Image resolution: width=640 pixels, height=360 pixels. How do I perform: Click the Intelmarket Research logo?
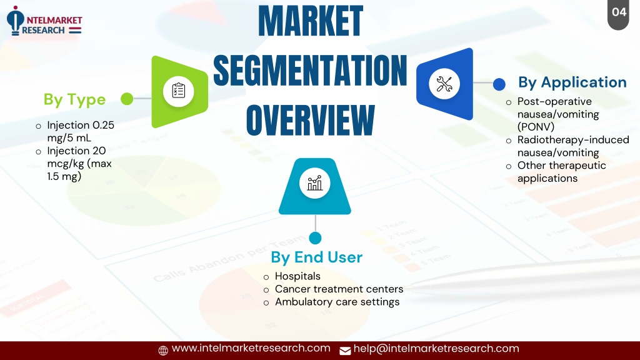44,21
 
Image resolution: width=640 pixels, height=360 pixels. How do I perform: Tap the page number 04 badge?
618,14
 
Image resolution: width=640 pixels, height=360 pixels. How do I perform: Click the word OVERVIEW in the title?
310,120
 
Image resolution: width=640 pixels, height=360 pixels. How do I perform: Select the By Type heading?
75,99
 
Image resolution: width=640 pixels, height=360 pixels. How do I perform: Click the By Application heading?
572,82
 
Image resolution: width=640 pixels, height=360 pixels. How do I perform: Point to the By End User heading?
317,257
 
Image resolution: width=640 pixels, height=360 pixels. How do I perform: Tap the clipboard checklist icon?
178,91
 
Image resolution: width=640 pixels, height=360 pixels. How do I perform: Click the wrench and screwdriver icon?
444,84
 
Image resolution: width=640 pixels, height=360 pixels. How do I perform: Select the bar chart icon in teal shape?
315,183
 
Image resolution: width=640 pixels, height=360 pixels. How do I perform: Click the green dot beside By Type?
127,99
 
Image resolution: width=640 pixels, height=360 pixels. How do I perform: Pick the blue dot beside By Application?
499,84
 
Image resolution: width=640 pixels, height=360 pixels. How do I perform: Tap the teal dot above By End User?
315,238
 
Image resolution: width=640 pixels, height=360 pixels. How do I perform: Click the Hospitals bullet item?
297,276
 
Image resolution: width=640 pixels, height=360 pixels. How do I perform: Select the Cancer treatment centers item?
339,289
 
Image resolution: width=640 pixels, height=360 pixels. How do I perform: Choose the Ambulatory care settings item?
337,302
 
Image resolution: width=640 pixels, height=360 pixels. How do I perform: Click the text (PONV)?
536,127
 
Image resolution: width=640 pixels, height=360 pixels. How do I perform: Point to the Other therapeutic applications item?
562,172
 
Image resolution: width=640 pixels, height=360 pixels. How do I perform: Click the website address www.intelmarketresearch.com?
251,348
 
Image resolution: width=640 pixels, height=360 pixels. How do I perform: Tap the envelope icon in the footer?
345,351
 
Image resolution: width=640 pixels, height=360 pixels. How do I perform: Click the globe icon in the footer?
163,351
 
